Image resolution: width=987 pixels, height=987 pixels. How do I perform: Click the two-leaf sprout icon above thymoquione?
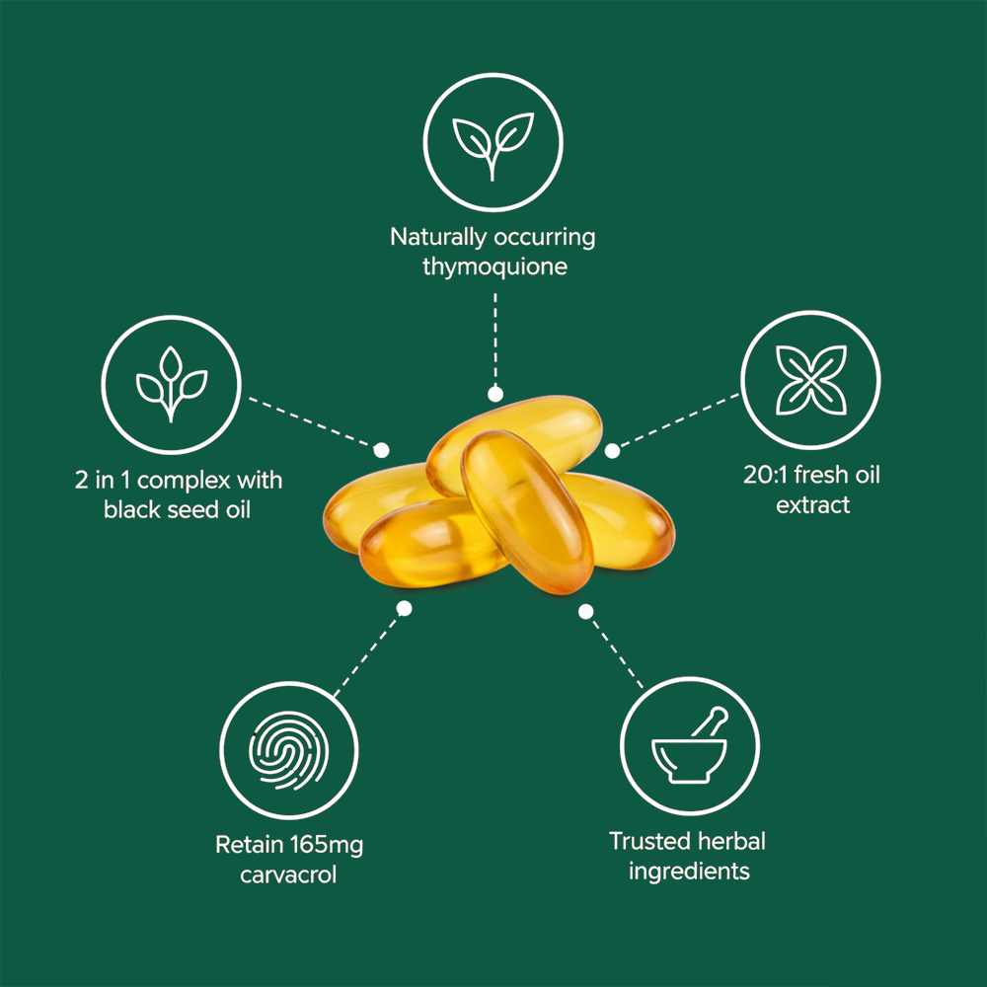tap(493, 142)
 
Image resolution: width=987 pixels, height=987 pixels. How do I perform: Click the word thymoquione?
tap(493, 266)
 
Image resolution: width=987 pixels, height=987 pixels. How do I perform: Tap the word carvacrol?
tap(289, 874)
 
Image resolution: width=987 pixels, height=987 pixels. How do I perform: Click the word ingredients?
tap(689, 872)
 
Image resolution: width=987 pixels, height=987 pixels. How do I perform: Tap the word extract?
tap(812, 505)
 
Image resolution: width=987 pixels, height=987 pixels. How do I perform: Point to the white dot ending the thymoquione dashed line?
tap(494, 392)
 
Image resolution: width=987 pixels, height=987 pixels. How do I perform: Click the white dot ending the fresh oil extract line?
tap(612, 451)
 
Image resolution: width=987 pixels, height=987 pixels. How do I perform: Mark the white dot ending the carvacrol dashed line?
tap(404, 609)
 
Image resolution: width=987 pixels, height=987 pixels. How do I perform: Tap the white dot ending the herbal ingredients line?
tap(585, 612)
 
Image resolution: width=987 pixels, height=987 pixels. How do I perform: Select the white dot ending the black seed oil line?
tap(381, 448)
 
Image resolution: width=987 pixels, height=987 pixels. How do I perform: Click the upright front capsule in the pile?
tap(528, 508)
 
